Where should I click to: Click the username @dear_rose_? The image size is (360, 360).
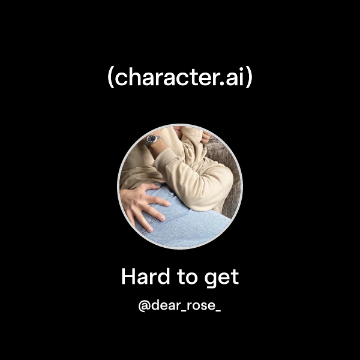coord(179,306)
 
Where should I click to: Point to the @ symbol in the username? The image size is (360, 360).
coord(143,306)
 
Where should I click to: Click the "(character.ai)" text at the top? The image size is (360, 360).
coord(179,79)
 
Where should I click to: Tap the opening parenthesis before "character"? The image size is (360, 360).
coord(110,79)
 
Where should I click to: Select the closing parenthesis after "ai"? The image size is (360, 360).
coord(249,79)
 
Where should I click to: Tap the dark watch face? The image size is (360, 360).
coord(154,139)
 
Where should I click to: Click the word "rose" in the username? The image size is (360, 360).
coord(199,306)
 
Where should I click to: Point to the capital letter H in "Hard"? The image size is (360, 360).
coord(127,277)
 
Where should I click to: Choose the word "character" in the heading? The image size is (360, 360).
coord(173,79)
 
